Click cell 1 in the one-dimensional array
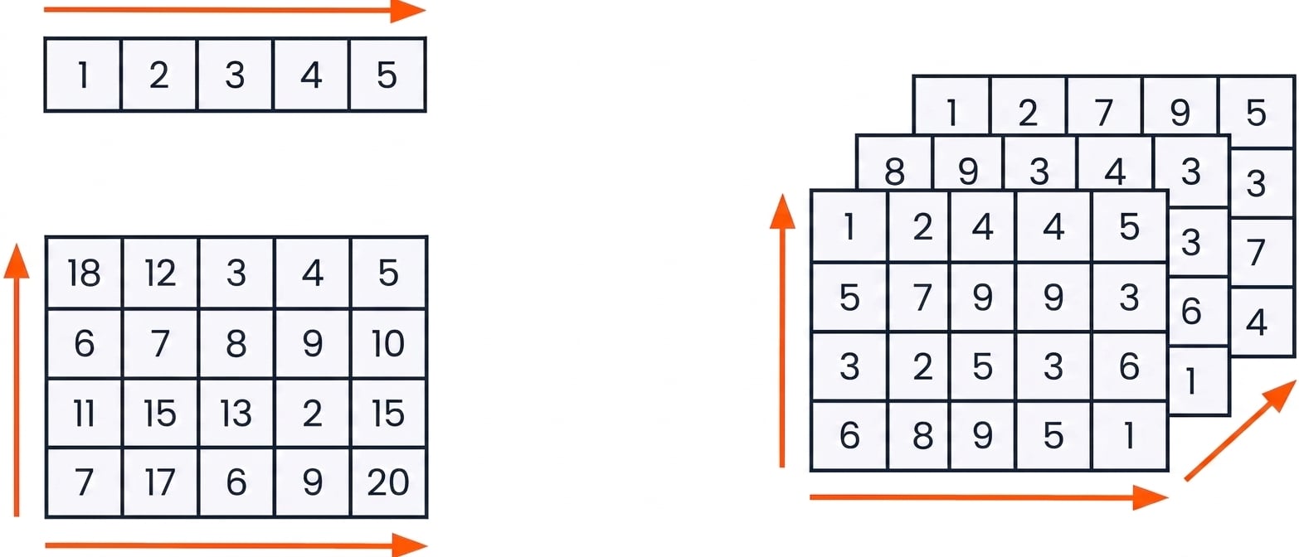coord(83,75)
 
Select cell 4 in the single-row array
coord(311,75)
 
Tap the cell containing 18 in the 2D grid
coord(84,273)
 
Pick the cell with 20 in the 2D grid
coord(388,482)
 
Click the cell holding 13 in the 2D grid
coord(236,414)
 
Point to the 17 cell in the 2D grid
coord(160,482)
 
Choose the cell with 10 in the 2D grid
coord(388,343)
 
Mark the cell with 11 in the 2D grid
coord(84,414)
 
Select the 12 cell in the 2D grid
coord(160,273)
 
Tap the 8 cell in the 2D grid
coord(236,343)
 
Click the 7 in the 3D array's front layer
coord(918,297)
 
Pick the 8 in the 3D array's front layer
coord(918,435)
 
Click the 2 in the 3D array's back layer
coord(1028,112)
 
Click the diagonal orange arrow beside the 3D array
coord(1240,431)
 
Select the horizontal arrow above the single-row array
coord(235,11)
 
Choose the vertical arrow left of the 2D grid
coord(17,380)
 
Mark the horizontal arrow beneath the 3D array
coord(989,497)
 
